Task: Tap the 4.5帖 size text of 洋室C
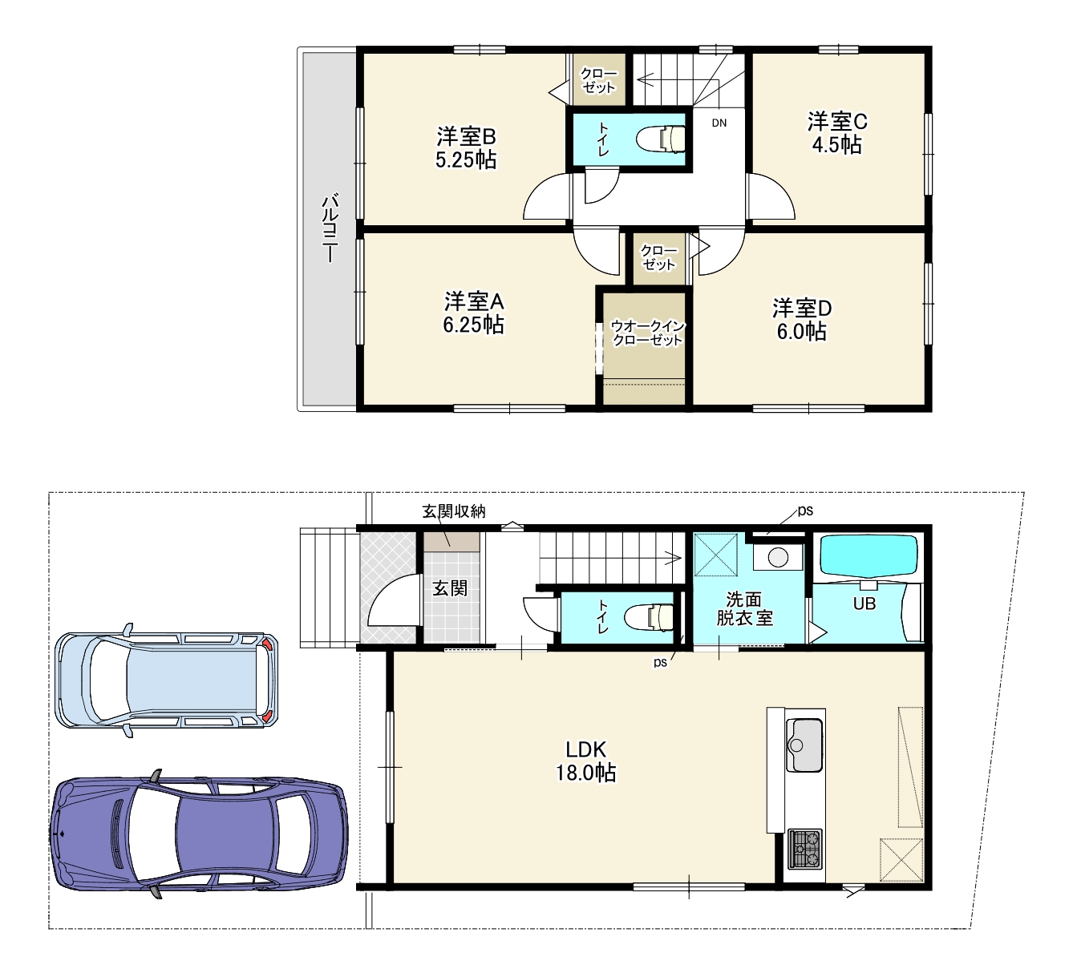tap(837, 145)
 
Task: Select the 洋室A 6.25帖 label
tap(473, 313)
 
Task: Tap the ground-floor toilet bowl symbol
tap(650, 617)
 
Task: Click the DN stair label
tap(719, 123)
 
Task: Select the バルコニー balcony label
tap(330, 229)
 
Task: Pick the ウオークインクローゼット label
tap(648, 333)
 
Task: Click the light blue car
tap(166, 680)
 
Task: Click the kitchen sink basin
tap(804, 745)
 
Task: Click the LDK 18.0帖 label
tap(586, 761)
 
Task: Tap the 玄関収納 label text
tap(454, 512)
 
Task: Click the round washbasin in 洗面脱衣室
tap(778, 558)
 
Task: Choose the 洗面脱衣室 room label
tap(744, 609)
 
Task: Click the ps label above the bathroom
tap(805, 511)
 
